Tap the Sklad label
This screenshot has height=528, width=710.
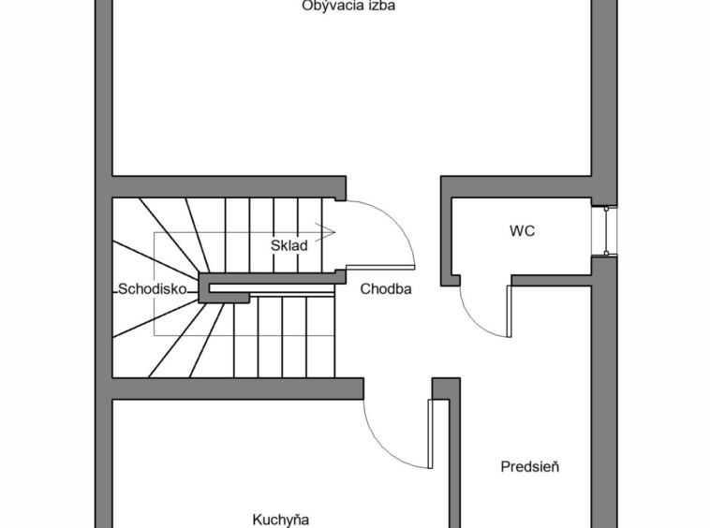coord(289,245)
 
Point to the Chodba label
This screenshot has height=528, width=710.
coord(386,288)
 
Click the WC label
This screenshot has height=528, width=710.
coord(522,230)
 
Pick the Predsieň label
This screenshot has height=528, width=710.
coord(529,466)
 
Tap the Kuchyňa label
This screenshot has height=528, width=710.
coord(280,520)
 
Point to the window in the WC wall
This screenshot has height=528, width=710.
coord(610,229)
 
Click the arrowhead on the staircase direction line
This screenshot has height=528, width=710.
coord(328,229)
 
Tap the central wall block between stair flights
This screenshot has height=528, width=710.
coord(272,279)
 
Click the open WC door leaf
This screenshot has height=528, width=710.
coord(510,310)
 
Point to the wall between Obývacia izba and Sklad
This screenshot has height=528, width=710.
coord(229,186)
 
